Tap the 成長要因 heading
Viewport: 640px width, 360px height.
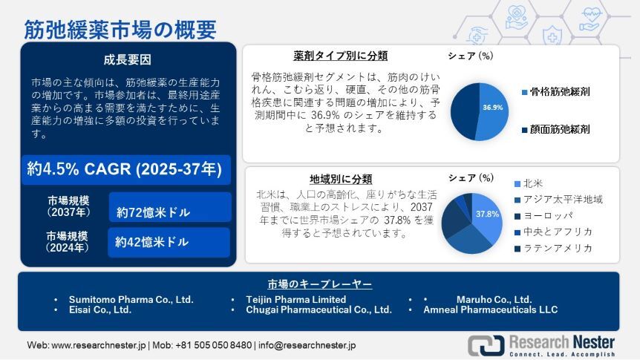point(127,60)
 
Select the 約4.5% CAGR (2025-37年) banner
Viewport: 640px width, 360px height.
point(124,169)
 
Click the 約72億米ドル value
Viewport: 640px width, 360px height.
point(153,213)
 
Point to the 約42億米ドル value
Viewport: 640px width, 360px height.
point(151,242)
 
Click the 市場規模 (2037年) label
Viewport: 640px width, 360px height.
point(68,207)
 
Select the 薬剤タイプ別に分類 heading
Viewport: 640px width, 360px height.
point(340,56)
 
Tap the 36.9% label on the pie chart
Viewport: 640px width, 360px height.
point(492,108)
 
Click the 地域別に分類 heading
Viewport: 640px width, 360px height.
point(341,179)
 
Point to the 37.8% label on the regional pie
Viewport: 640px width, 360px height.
point(486,215)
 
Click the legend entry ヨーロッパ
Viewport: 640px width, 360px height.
point(547,215)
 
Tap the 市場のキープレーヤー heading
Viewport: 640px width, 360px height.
point(320,284)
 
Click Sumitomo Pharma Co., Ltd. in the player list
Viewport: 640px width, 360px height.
point(131,299)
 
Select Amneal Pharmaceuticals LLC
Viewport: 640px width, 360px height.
point(490,310)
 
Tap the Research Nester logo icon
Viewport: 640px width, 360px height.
point(485,344)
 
